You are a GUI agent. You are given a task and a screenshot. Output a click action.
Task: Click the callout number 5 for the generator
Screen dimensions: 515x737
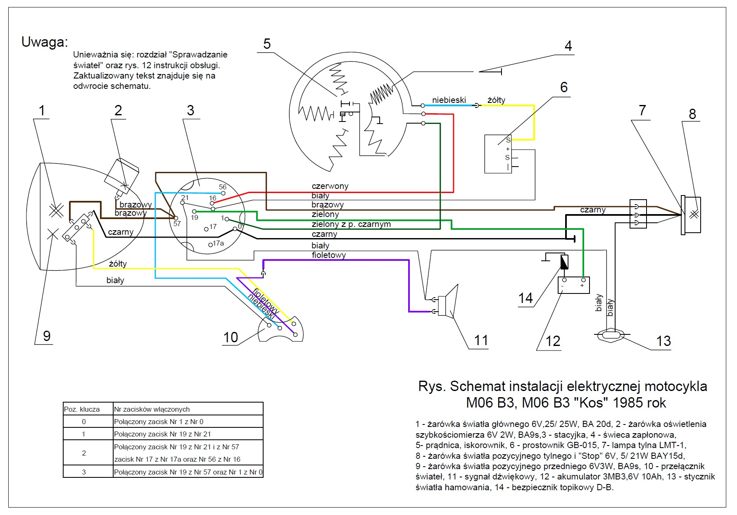click(x=267, y=44)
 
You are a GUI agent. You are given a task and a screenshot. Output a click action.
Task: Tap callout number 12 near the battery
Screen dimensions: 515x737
click(x=553, y=341)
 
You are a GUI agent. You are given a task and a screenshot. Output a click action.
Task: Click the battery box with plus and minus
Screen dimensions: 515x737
click(x=573, y=285)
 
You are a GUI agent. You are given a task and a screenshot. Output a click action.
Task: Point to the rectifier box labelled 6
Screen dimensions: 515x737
click(x=498, y=154)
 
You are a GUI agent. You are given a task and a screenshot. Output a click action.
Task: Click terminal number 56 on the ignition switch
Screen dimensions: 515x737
click(x=223, y=187)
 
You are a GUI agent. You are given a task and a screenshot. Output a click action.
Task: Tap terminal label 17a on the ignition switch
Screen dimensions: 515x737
click(x=218, y=243)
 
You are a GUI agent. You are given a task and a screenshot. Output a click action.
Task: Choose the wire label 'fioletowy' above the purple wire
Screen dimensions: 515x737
click(x=329, y=255)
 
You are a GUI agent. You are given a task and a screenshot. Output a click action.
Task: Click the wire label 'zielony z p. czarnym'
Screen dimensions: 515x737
click(x=351, y=224)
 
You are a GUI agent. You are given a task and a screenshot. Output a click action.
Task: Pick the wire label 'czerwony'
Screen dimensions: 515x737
click(x=330, y=186)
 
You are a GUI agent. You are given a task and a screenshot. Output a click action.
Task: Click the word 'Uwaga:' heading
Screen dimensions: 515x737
click(x=45, y=42)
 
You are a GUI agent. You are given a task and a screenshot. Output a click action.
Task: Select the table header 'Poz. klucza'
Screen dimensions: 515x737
click(x=82, y=409)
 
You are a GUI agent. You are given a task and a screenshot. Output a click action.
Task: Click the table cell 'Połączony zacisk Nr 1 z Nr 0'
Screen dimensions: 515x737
click(x=159, y=422)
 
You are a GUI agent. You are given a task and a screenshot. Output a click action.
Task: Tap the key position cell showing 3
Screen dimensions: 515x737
click(x=84, y=472)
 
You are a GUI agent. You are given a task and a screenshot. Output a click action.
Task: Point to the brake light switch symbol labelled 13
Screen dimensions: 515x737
click(x=612, y=334)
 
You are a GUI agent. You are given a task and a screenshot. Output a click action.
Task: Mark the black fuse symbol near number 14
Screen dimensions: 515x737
click(x=564, y=262)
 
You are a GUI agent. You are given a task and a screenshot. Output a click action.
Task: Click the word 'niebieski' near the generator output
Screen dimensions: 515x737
click(x=449, y=100)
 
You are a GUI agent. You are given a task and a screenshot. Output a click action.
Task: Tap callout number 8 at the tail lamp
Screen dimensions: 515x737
click(x=692, y=114)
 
